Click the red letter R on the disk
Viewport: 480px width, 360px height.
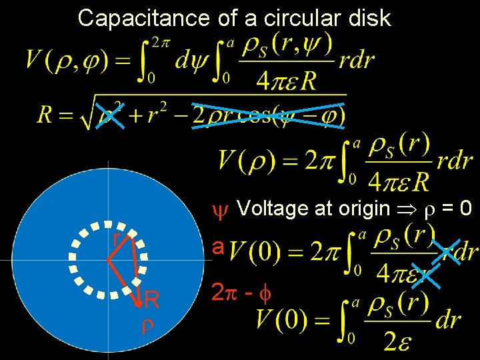(152, 301)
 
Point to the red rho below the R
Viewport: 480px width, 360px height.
(147, 325)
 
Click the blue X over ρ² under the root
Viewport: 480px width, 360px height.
(111, 115)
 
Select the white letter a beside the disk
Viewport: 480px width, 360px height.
(217, 247)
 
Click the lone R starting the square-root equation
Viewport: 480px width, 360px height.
(45, 115)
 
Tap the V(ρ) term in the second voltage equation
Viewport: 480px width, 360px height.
(245, 161)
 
